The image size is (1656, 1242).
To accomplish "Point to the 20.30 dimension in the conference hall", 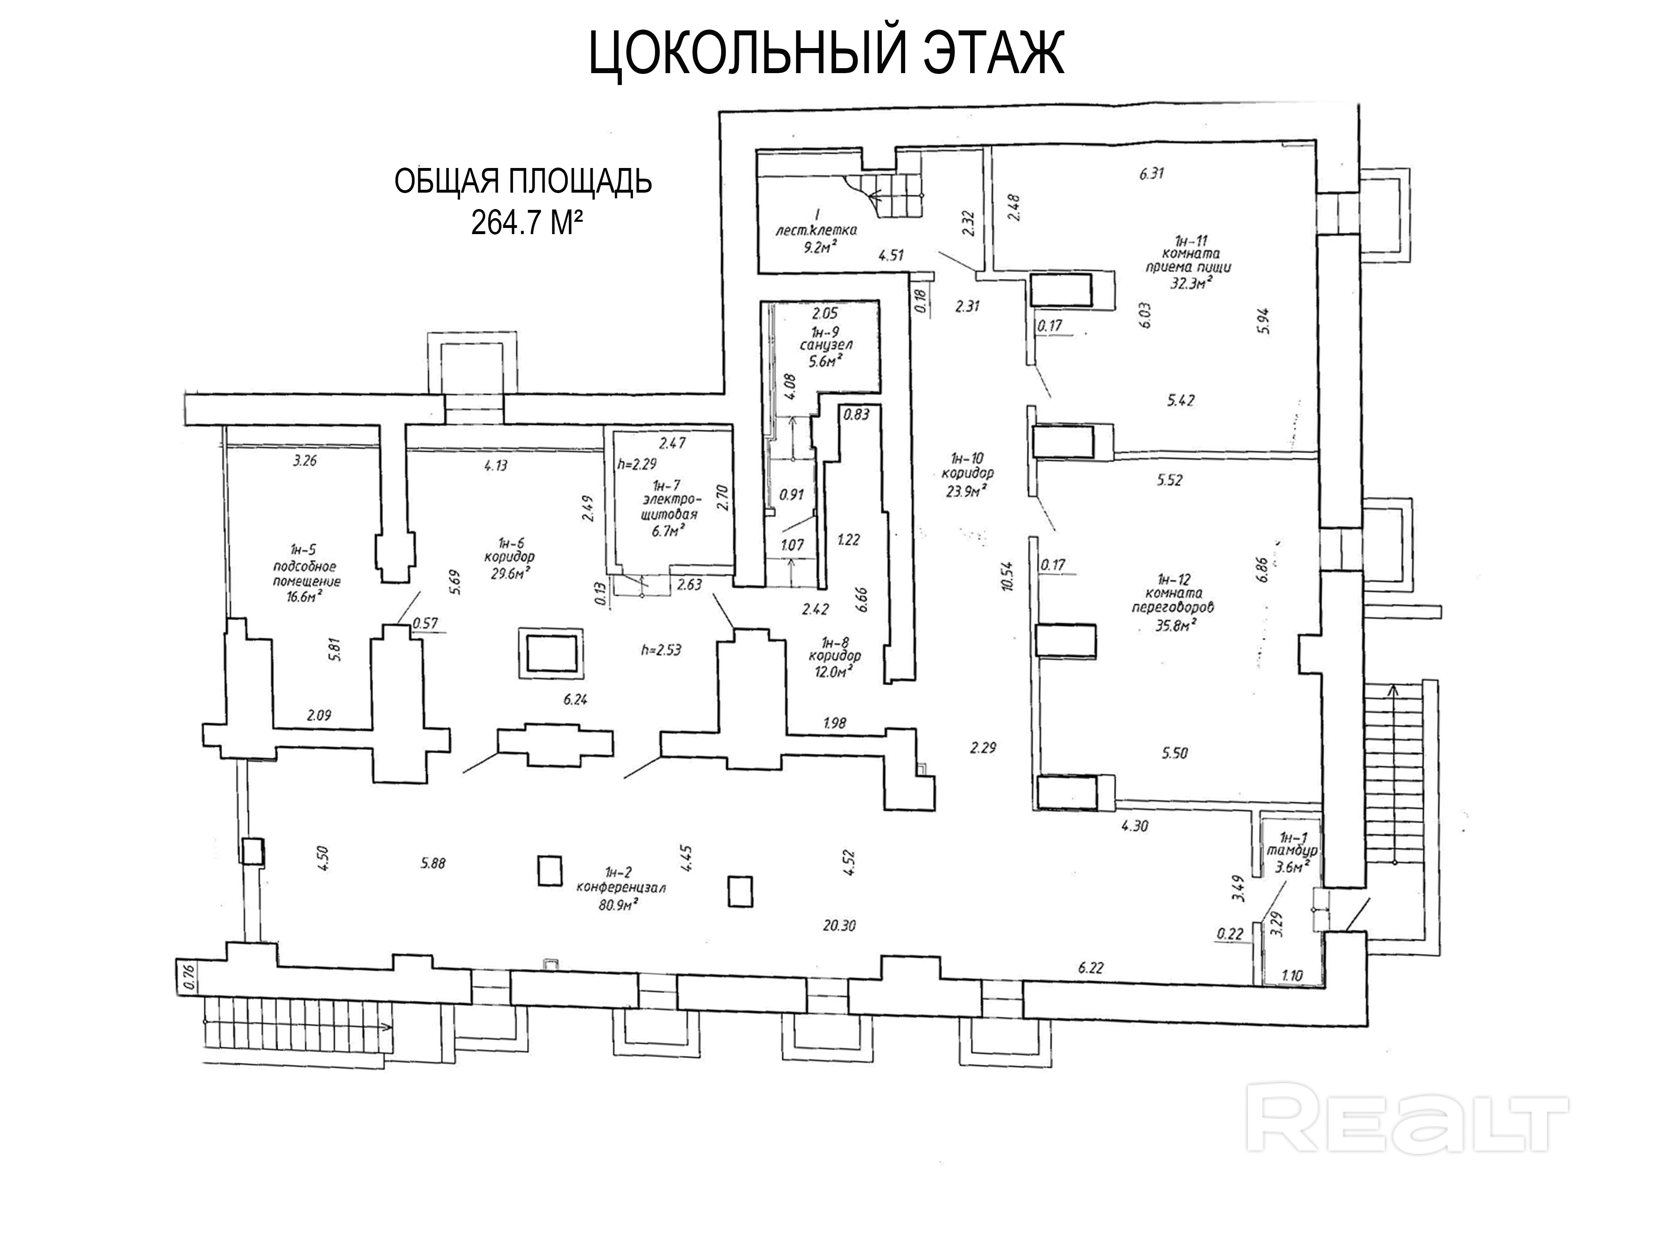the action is click(x=839, y=925).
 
